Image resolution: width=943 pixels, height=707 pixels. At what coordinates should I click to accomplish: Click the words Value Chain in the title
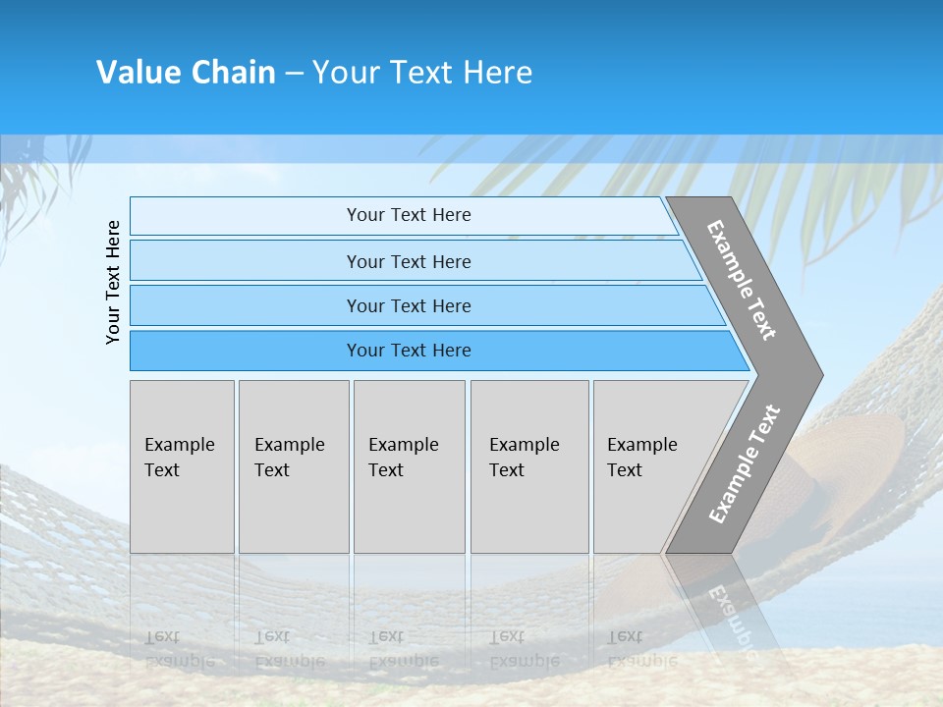coord(186,73)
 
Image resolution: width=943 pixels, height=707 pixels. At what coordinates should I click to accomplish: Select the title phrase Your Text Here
coord(422,73)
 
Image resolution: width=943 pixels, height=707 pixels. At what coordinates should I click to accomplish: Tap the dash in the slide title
coord(294,74)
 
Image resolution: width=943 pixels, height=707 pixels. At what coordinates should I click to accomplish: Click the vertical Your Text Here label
coord(113,282)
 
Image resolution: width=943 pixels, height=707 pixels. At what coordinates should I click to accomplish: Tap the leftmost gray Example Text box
coord(182,466)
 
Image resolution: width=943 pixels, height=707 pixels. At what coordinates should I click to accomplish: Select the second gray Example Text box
coord(294,466)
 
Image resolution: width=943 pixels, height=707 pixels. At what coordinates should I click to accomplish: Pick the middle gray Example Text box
coord(409,466)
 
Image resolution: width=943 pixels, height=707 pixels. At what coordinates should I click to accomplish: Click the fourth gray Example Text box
coord(529,466)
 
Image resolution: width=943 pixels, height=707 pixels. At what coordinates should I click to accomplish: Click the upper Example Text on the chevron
coord(742,280)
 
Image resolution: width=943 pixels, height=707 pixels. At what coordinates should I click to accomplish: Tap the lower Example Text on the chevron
coord(744,464)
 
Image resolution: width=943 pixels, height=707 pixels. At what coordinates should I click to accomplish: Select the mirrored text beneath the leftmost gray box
coord(180,649)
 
